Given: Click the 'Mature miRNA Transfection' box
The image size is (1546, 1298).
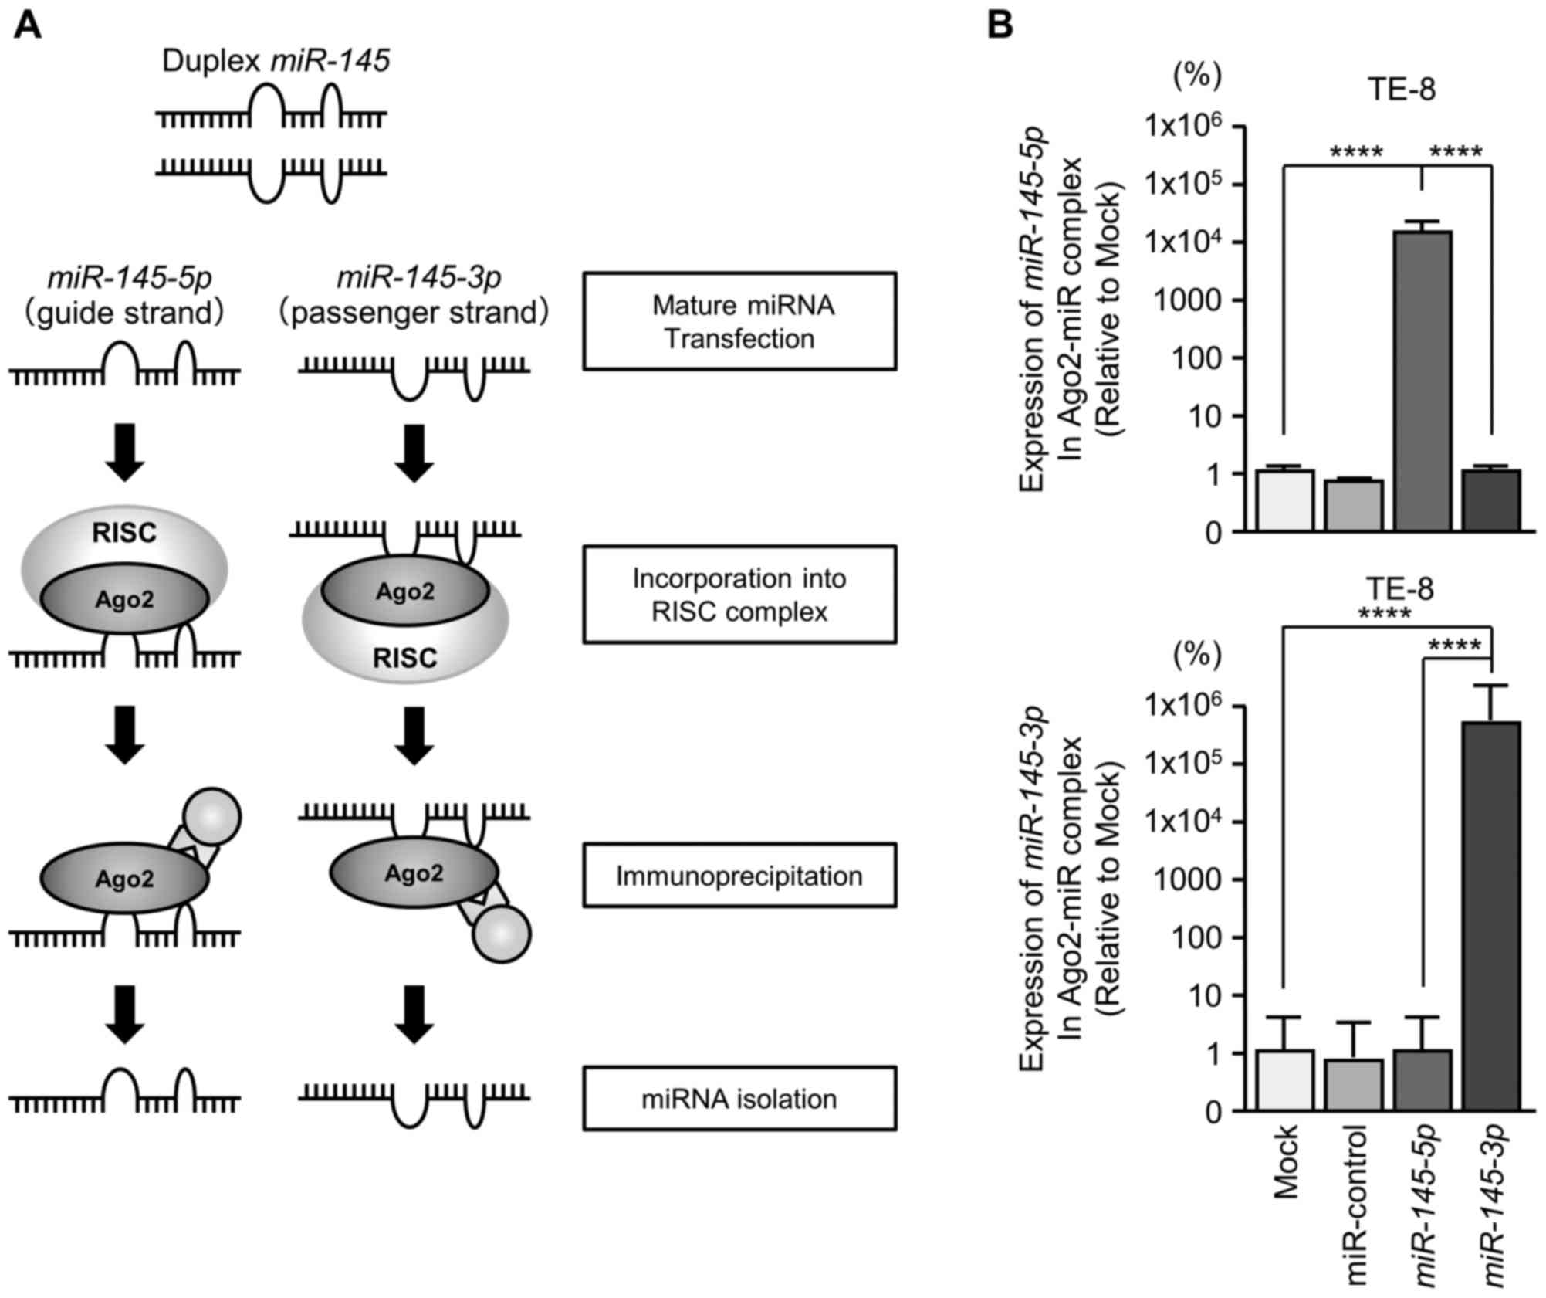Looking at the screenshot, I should [x=739, y=320].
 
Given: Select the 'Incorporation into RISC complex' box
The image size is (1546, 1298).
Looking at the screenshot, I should [x=739, y=594].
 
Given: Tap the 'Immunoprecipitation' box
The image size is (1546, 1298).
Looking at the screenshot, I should [x=739, y=875].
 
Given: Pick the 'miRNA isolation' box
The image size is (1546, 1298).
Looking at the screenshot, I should [x=739, y=1098].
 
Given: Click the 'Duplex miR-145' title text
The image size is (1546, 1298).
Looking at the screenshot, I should [x=276, y=61].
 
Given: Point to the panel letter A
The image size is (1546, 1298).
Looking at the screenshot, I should [x=28, y=28].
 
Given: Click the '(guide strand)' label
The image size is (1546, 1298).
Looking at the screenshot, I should [x=124, y=313].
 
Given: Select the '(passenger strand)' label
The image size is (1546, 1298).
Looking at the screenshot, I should [x=414, y=313].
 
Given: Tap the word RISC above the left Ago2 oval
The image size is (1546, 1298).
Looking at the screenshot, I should [x=124, y=533].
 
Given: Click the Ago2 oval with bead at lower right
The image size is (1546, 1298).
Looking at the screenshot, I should [x=414, y=873].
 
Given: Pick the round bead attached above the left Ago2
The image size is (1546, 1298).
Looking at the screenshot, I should [x=211, y=816].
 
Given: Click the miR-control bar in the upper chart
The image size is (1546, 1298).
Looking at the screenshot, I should [x=1354, y=505].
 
